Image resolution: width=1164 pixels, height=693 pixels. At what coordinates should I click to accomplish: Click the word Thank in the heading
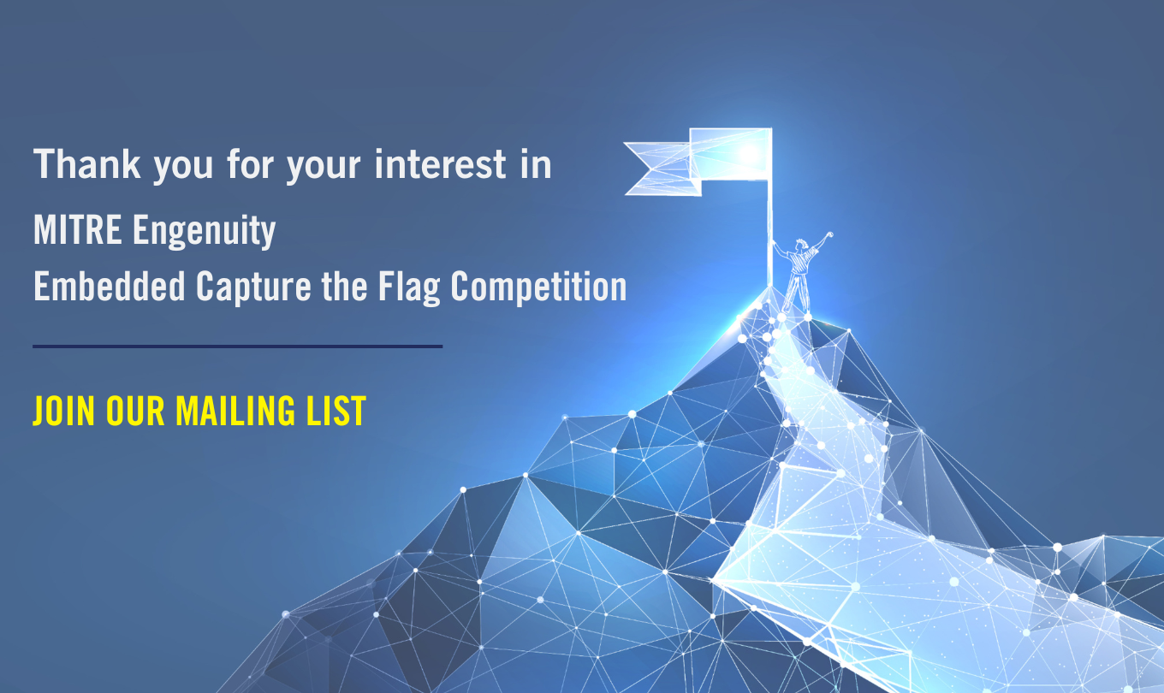pos(87,164)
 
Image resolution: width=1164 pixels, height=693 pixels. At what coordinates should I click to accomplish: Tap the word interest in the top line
pos(441,164)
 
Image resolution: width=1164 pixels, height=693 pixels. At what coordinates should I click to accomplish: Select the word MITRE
pos(78,229)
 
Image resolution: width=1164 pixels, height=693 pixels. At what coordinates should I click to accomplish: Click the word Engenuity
pos(205,231)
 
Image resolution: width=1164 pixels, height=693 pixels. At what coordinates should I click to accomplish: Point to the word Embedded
pos(110,286)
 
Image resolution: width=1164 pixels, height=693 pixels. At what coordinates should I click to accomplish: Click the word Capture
pos(253,287)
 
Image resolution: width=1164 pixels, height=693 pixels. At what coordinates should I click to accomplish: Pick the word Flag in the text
pos(409,287)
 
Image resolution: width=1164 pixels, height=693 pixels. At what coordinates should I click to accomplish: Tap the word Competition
pos(539,287)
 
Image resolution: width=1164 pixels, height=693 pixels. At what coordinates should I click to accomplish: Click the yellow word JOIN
pos(64,411)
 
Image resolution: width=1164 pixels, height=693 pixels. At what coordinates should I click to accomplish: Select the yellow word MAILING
pos(235,411)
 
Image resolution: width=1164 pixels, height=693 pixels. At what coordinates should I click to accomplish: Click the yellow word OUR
pos(135,411)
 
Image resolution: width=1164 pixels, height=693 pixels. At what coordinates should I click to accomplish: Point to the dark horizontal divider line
pos(237,346)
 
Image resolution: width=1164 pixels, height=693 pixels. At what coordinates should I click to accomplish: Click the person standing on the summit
pos(802,274)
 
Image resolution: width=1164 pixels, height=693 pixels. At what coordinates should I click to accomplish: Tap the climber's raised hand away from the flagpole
pos(829,235)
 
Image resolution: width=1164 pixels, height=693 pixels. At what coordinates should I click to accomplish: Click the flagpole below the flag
pos(769,234)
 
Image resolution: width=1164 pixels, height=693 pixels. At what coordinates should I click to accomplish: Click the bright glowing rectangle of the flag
pos(730,154)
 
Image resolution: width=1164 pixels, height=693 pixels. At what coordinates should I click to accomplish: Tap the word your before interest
pos(324,166)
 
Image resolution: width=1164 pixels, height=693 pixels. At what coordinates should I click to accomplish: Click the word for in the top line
pos(251,164)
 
